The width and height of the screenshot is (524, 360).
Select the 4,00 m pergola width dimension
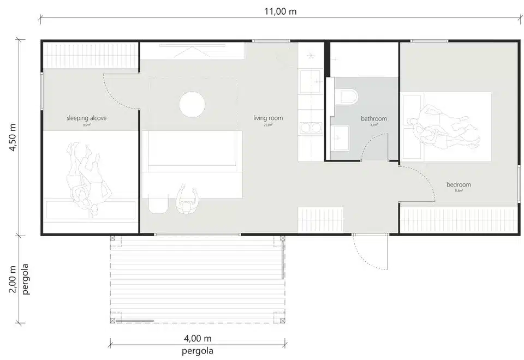tap(197, 339)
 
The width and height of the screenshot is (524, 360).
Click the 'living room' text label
tap(268, 118)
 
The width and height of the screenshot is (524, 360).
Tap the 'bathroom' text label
tap(374, 118)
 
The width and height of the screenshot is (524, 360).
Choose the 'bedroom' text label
tap(458, 184)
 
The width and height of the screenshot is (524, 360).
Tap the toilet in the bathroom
tap(347, 98)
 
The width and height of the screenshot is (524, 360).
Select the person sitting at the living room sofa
tap(187, 201)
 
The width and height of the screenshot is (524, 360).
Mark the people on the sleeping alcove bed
tap(86, 177)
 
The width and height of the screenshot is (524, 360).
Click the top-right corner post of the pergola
tap(282, 238)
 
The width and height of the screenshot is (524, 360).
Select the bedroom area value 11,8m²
tap(458, 191)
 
